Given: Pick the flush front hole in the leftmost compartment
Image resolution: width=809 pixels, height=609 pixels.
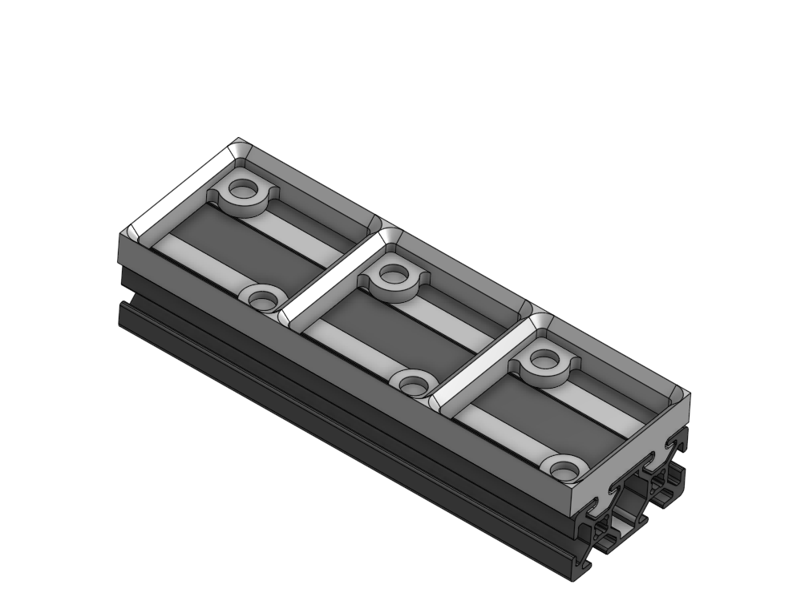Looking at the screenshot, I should click(x=261, y=300).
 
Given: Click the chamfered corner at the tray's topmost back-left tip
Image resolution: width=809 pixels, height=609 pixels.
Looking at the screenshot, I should click(x=240, y=145).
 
